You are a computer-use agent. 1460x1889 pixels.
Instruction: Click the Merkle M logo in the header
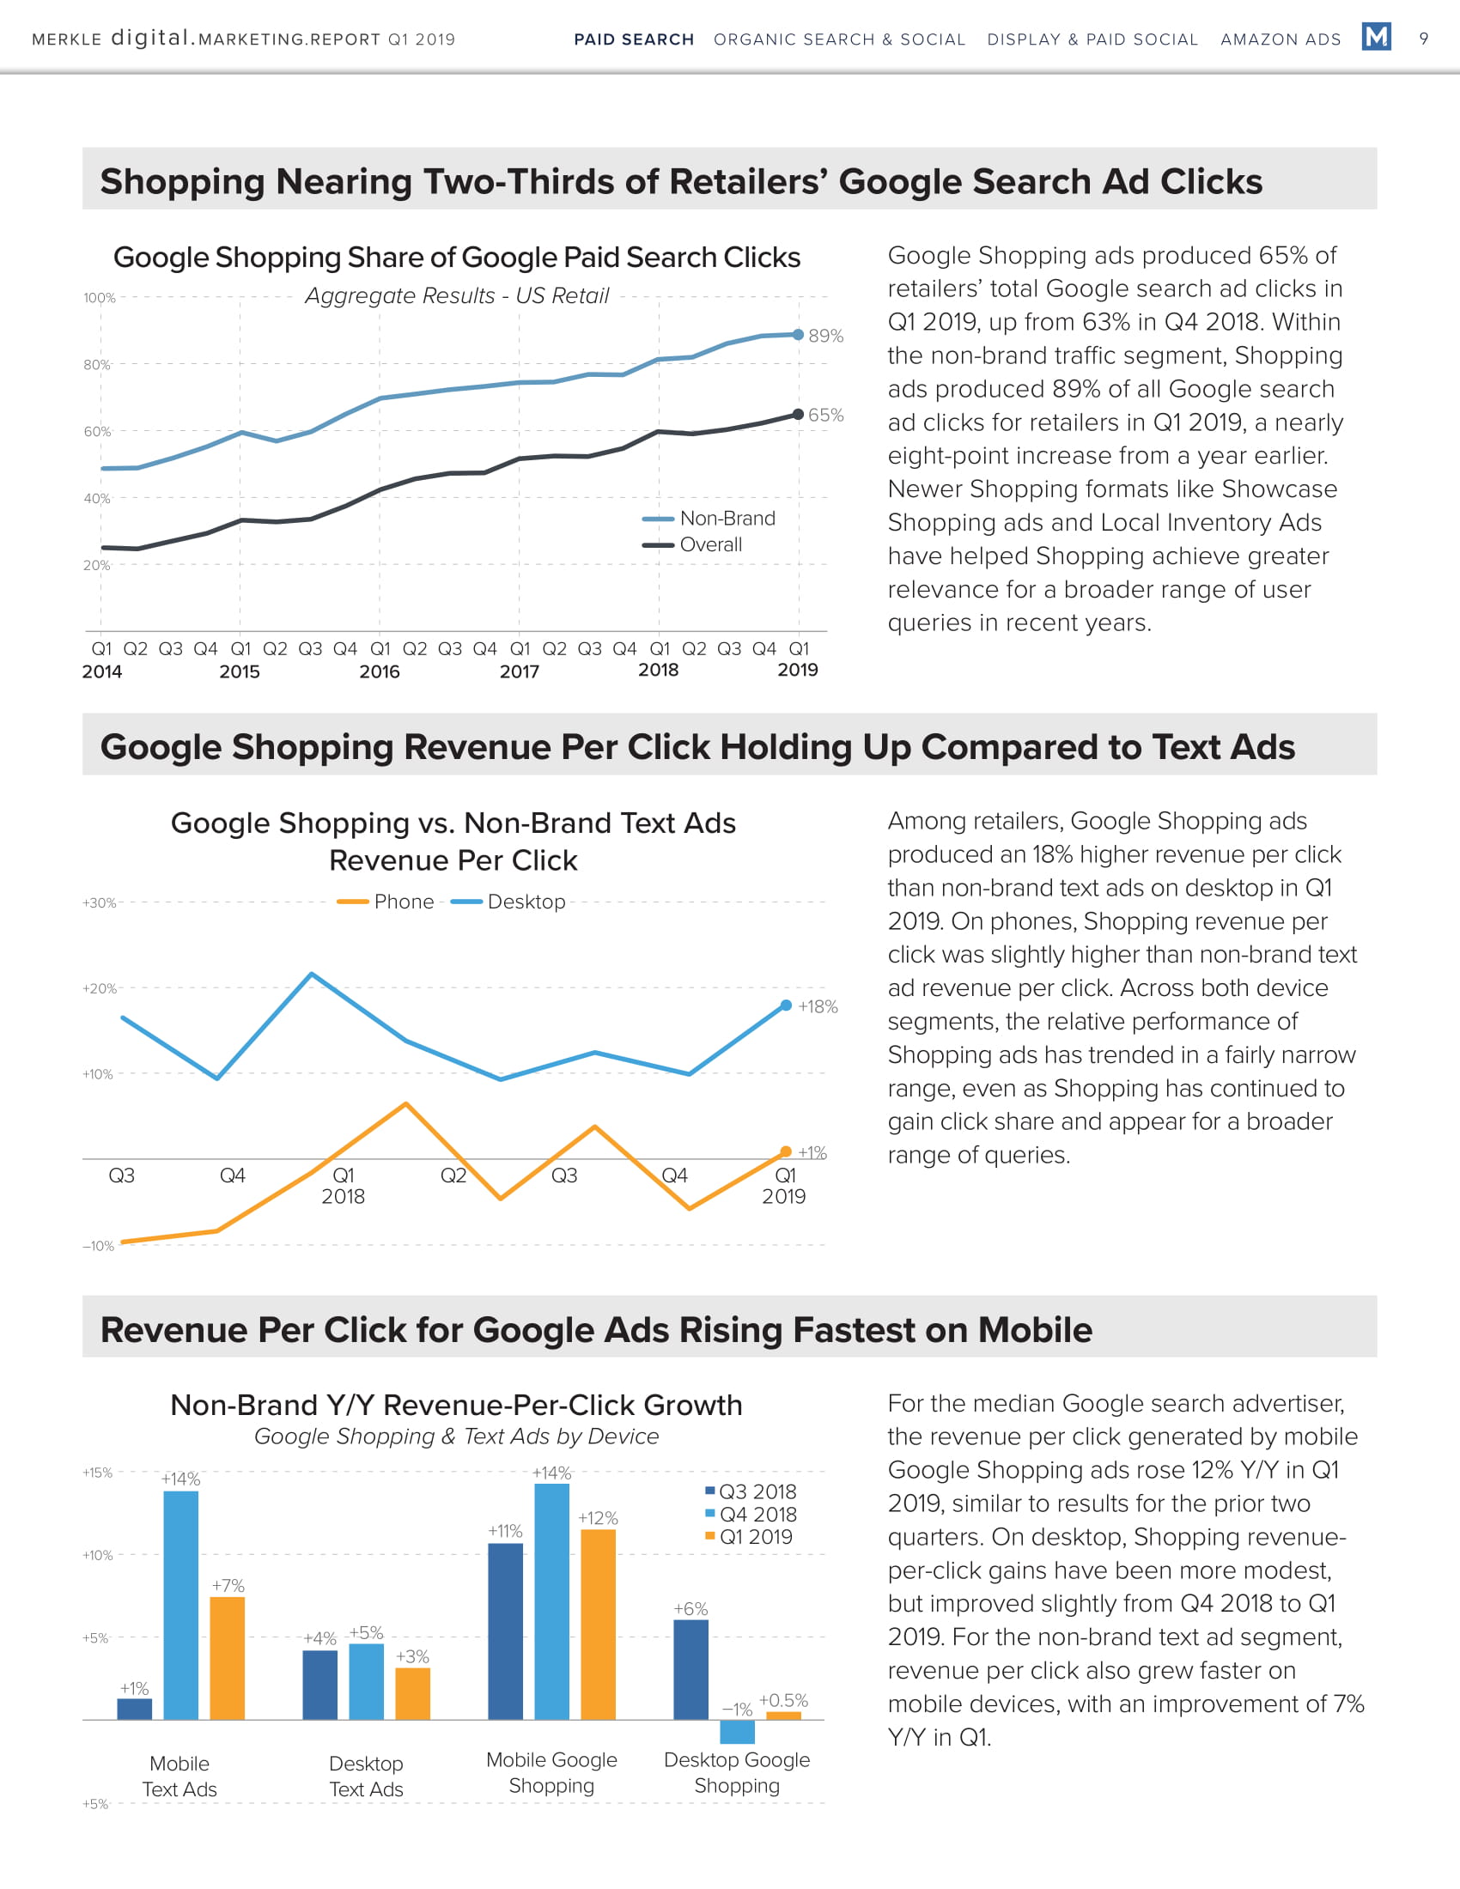pyautogui.click(x=1375, y=37)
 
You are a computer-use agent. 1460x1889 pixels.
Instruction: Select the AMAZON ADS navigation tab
pyautogui.click(x=1281, y=39)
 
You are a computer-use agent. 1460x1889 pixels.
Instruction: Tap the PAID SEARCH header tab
pyautogui.click(x=634, y=39)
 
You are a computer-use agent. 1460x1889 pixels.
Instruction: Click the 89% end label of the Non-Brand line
pyautogui.click(x=825, y=336)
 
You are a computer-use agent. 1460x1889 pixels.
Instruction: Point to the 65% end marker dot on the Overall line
pyautogui.click(x=799, y=415)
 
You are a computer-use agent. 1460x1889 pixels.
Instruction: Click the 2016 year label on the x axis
pyautogui.click(x=379, y=671)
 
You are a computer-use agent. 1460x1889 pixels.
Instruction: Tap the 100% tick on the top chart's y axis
pyautogui.click(x=99, y=299)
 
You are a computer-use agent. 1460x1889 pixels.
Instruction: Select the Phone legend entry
pyautogui.click(x=386, y=902)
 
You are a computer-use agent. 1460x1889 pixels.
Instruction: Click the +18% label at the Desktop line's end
pyautogui.click(x=818, y=1007)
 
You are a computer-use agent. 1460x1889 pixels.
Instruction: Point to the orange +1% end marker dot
pyautogui.click(x=785, y=1151)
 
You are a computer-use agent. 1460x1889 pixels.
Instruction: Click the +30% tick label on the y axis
pyautogui.click(x=99, y=903)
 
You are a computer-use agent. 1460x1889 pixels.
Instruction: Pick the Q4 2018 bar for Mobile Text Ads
pyautogui.click(x=180, y=1605)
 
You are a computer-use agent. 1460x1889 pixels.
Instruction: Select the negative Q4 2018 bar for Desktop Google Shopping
pyautogui.click(x=737, y=1732)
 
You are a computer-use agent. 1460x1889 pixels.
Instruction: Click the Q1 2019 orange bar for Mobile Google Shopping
pyautogui.click(x=598, y=1625)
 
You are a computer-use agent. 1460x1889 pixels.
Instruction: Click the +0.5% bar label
pyautogui.click(x=782, y=1700)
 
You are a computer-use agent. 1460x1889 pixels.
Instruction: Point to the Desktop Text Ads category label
pyautogui.click(x=366, y=1776)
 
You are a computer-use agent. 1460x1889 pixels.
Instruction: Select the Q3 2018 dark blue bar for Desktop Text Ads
pyautogui.click(x=320, y=1685)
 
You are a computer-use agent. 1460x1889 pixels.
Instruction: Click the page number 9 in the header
pyautogui.click(x=1424, y=38)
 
